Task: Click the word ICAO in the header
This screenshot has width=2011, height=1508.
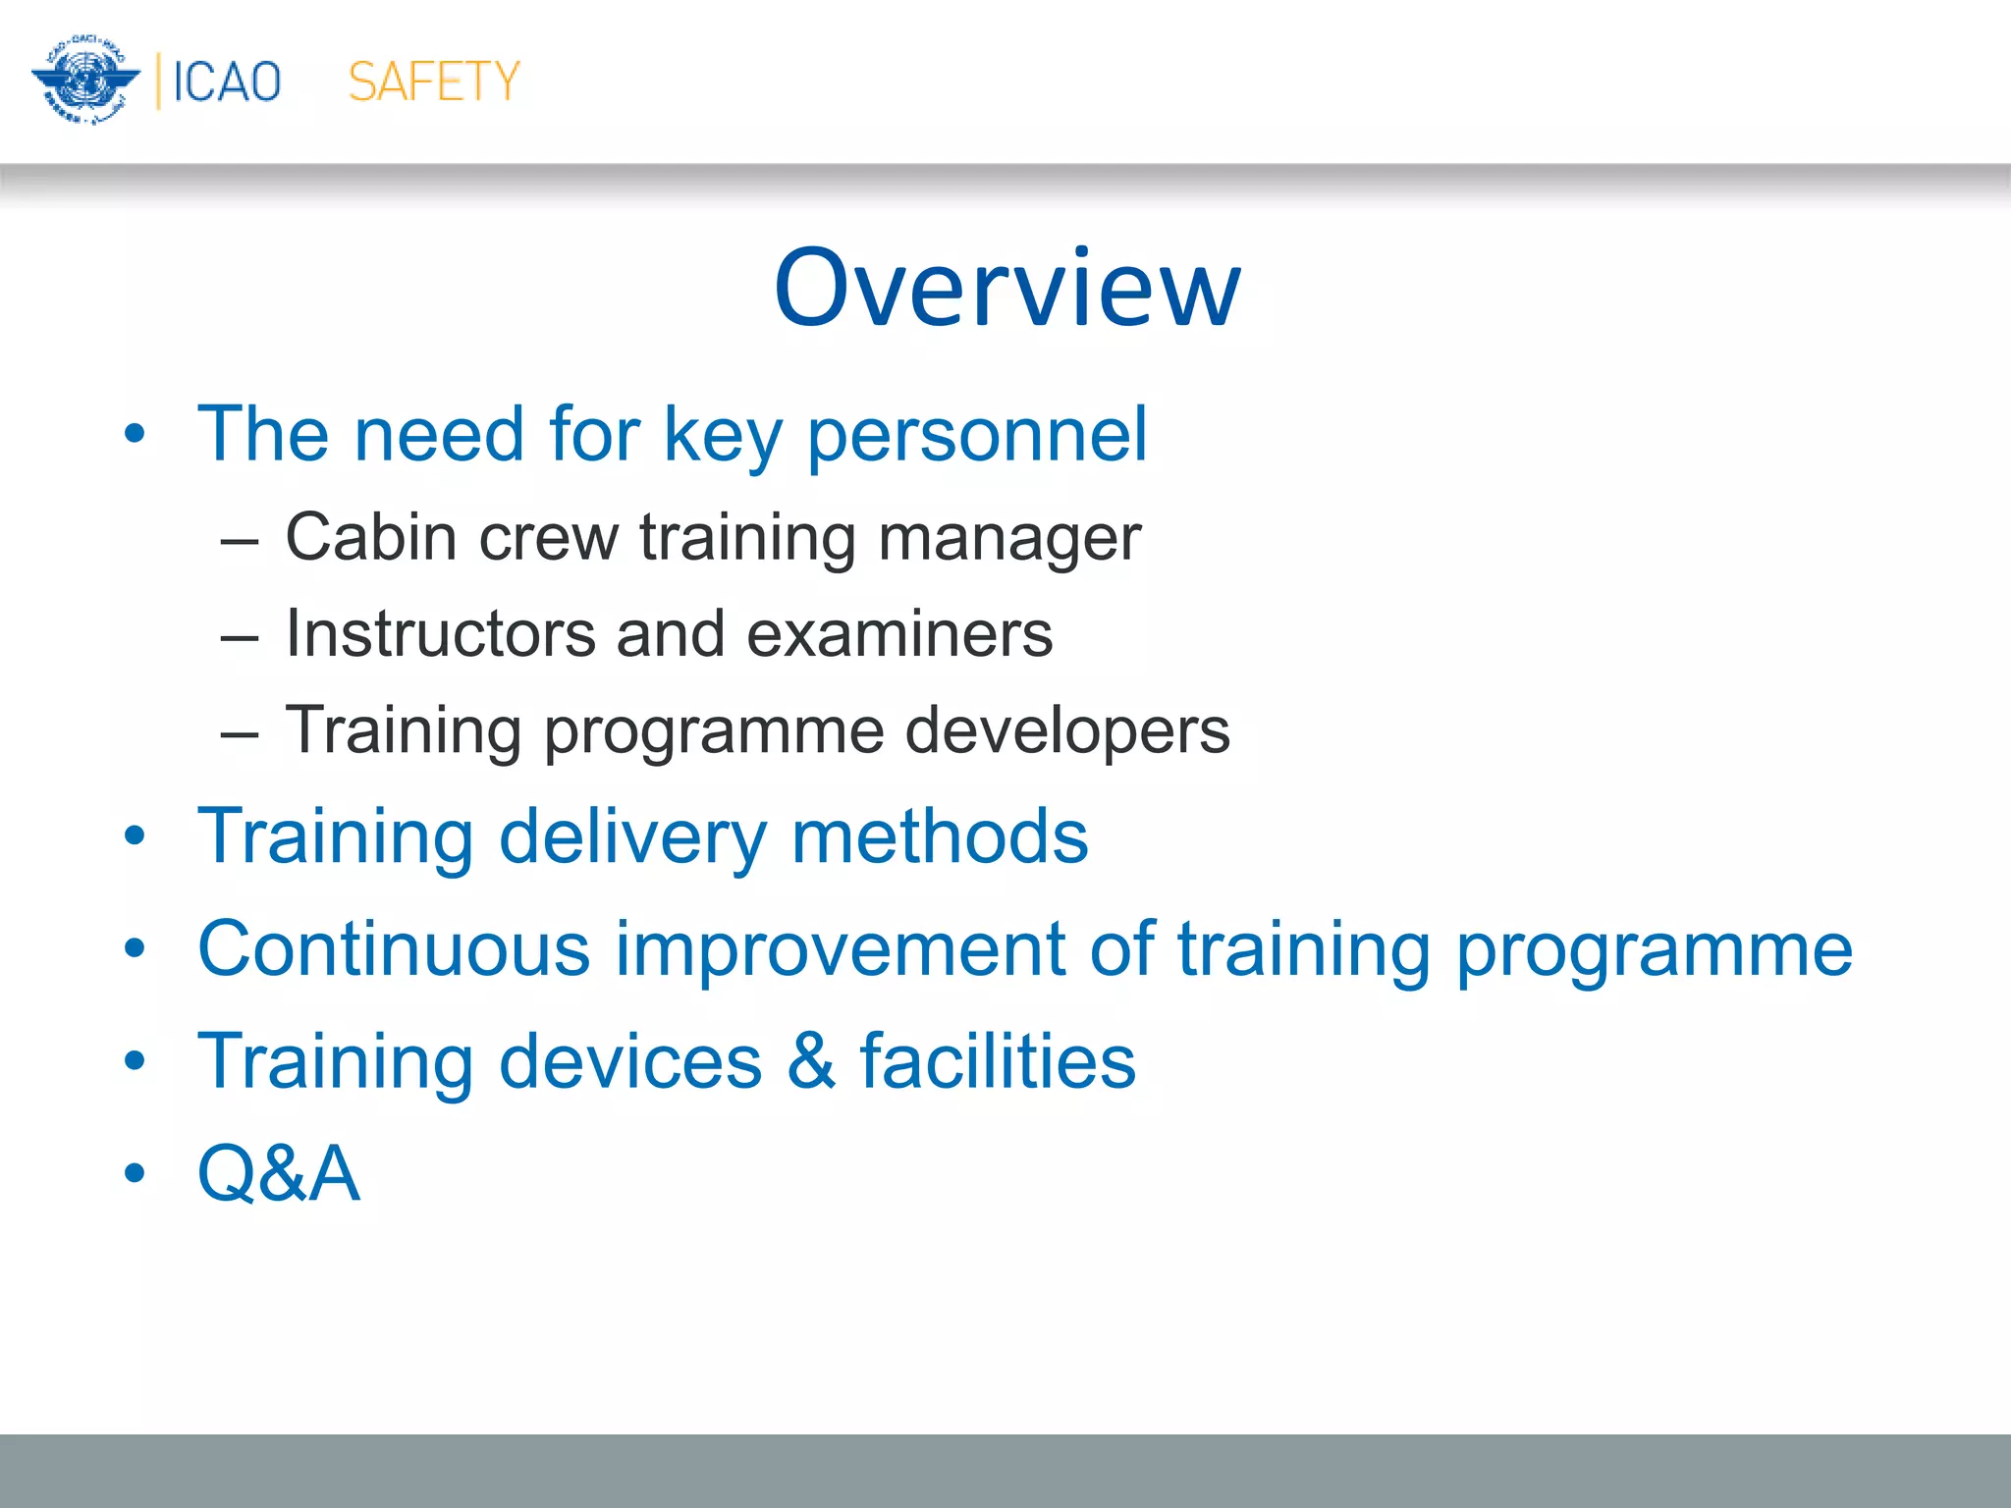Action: coord(227,81)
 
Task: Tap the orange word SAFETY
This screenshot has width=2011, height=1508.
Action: coord(433,81)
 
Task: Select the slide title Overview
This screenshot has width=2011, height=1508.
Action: coord(1006,288)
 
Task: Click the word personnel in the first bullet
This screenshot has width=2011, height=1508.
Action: coord(976,434)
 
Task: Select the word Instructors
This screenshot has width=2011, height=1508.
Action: coord(440,633)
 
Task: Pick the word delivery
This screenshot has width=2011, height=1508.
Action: coord(632,837)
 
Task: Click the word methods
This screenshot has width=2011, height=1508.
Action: coord(940,835)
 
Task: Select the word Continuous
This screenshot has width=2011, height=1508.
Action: coord(394,948)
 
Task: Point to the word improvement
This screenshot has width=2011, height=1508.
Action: coord(840,950)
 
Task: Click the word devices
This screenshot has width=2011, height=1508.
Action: coord(630,1061)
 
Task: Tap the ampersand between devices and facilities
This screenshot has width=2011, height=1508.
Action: coord(810,1061)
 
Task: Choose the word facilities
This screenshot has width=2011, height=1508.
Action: coord(998,1061)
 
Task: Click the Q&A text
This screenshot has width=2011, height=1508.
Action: coord(279,1173)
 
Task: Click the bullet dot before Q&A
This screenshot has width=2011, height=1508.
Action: coord(135,1173)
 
